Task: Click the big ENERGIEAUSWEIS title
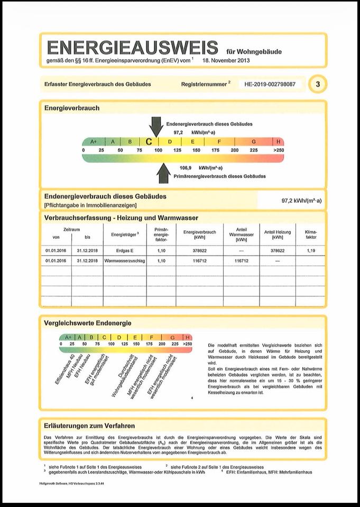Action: pos(132,48)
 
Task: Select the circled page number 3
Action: pos(317,84)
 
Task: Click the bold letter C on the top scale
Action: pos(149,142)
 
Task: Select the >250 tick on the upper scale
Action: pos(278,151)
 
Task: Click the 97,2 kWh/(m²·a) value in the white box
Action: pos(301,201)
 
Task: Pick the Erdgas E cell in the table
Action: pos(125,251)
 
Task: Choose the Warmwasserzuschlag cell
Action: pos(125,261)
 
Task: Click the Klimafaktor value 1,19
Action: pos(311,251)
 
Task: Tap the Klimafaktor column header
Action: pos(311,234)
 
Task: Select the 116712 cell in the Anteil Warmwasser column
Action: pos(241,261)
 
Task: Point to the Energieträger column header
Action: pos(125,233)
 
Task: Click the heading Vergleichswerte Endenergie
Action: pos(88,323)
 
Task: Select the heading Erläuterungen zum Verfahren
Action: pos(89,425)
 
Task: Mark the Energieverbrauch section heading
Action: pos(72,108)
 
